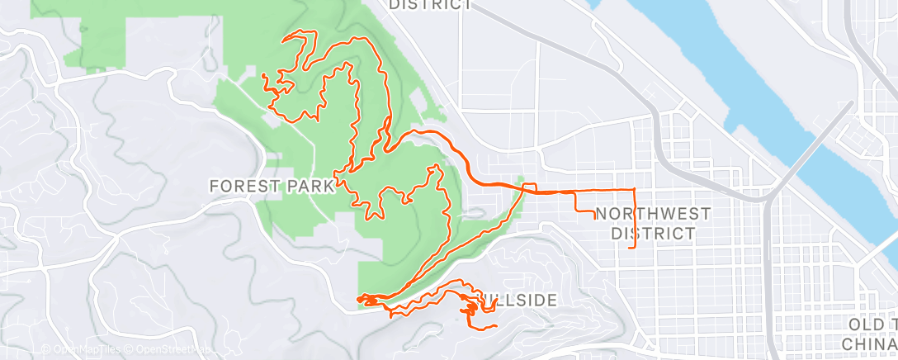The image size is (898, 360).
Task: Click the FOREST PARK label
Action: coord(272,186)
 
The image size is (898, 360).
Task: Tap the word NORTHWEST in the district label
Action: coord(653,214)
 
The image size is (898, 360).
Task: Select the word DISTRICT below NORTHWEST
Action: coord(653,233)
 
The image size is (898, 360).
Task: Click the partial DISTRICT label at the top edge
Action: coord(430,4)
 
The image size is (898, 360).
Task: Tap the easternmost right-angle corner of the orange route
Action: coord(635,190)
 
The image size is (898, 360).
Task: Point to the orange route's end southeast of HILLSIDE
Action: coord(496,327)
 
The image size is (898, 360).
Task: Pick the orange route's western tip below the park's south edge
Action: coord(358,298)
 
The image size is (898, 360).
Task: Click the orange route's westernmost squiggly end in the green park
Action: coord(262,76)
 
